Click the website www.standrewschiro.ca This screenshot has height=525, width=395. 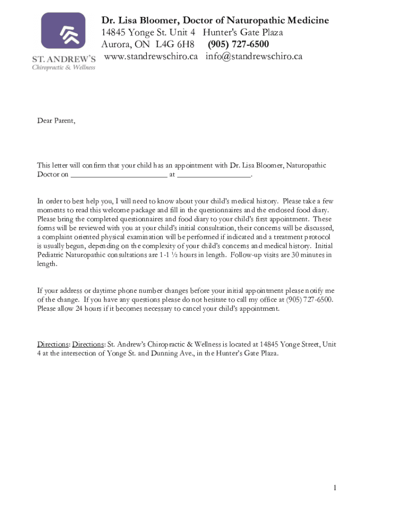(x=151, y=56)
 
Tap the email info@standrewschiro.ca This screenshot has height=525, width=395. (x=254, y=56)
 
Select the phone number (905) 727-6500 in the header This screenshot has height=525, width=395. (x=238, y=44)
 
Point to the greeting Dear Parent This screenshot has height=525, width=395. (x=56, y=120)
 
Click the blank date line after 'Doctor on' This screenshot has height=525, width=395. (x=118, y=175)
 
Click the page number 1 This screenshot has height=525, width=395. (x=334, y=488)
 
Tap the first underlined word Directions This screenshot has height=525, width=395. (x=53, y=344)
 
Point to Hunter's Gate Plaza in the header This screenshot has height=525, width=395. (x=243, y=32)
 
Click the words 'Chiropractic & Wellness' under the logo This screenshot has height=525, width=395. (x=64, y=68)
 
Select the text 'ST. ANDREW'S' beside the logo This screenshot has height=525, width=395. (x=64, y=59)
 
